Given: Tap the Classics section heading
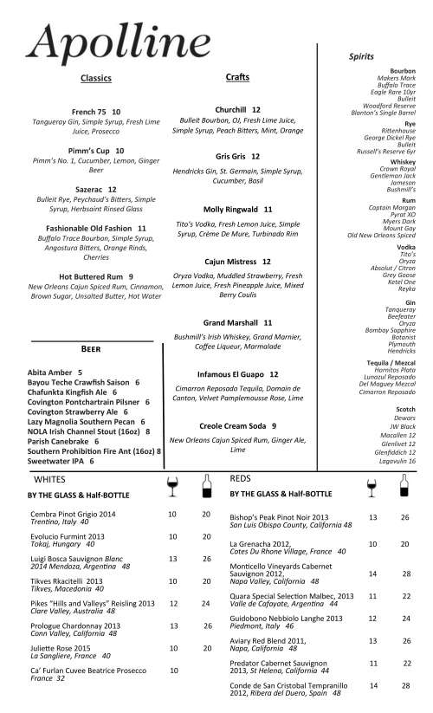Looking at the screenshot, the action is click(x=96, y=79).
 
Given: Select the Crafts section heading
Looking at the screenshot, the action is click(x=237, y=78).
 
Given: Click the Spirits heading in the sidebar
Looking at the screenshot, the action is click(x=361, y=56).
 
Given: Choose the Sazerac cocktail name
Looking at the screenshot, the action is click(x=91, y=188).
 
